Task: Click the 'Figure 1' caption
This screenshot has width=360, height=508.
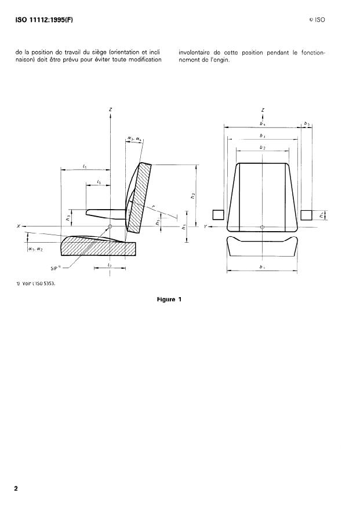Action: [169, 299]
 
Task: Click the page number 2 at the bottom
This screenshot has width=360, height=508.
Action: [16, 488]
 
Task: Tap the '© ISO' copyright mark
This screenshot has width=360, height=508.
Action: [317, 21]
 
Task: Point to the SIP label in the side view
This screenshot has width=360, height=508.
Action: [55, 268]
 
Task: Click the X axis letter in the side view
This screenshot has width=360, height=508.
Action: [19, 226]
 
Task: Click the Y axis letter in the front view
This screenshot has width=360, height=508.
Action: [206, 226]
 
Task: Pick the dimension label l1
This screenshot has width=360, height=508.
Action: [85, 166]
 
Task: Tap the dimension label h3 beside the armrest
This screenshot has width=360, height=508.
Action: [69, 218]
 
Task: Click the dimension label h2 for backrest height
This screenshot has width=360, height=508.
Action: [192, 196]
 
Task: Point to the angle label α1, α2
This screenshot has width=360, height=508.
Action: [35, 248]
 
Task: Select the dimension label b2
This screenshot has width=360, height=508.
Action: [263, 148]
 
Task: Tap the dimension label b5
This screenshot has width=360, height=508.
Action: [307, 123]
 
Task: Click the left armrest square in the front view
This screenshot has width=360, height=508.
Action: [218, 215]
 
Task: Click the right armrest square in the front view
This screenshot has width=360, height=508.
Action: [307, 215]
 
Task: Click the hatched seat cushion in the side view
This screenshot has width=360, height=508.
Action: [99, 247]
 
